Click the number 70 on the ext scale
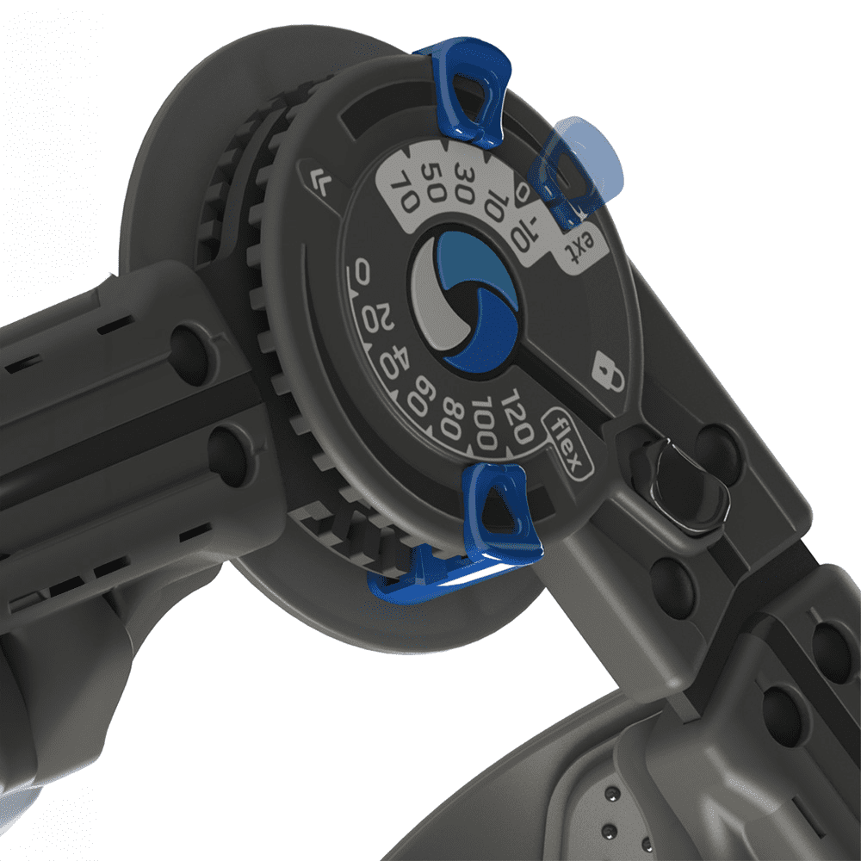tap(405, 192)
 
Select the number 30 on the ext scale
tap(465, 183)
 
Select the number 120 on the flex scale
tap(516, 416)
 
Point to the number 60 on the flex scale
tap(421, 395)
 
